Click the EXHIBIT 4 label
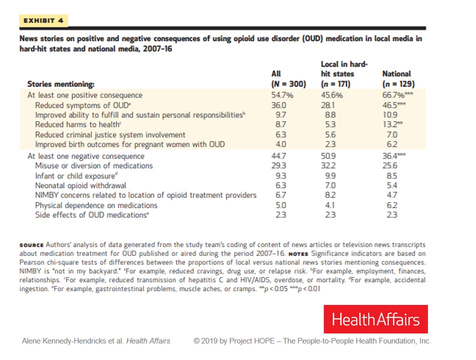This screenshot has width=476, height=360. (43, 21)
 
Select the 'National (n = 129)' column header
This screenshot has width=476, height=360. (398, 79)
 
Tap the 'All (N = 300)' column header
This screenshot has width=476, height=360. (288, 79)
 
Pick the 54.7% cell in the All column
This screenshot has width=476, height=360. (282, 95)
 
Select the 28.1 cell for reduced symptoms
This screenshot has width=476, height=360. (327, 105)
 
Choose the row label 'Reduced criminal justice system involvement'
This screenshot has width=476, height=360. (110, 135)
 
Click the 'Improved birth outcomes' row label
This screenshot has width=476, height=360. (130, 144)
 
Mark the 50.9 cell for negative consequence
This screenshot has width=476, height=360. (328, 156)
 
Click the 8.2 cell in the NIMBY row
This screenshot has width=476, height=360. (328, 195)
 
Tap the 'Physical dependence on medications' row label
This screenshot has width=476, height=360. (96, 205)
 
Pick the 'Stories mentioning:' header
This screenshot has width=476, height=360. (61, 84)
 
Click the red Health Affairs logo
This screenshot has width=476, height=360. (375, 319)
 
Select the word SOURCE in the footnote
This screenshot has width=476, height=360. (32, 245)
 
